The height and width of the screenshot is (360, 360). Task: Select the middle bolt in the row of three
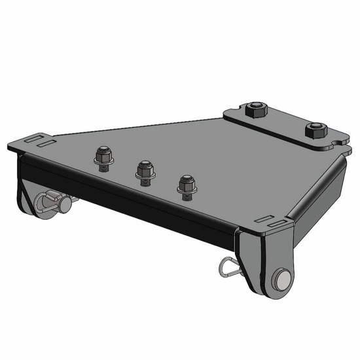point(145,169)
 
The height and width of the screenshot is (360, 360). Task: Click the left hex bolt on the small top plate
point(256,111)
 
